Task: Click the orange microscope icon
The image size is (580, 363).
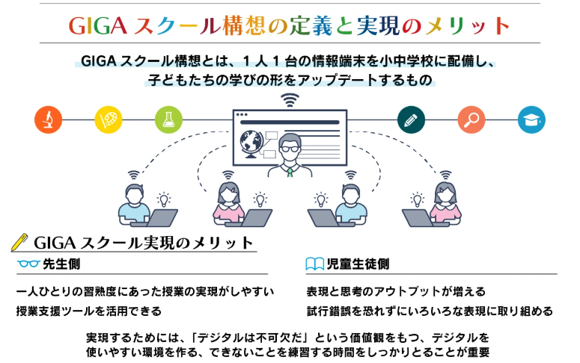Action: pos(48,120)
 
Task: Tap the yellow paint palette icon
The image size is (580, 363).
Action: pos(109,120)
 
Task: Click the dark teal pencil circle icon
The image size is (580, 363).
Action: pos(411,120)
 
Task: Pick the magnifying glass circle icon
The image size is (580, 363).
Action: pos(471,120)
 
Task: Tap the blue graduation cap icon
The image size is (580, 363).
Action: pos(532,120)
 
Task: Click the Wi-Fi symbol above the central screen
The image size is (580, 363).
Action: pos(290,100)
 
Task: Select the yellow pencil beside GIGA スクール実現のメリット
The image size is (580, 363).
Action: pos(20,242)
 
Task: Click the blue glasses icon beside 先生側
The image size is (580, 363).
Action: pos(28,264)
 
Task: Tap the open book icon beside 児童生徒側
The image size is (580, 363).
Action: pos(315,264)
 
